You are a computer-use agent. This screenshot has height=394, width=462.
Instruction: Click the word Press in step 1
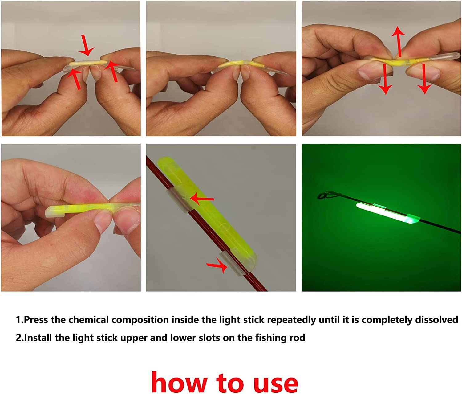(35, 320)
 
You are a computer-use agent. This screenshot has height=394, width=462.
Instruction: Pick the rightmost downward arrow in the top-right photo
(425, 79)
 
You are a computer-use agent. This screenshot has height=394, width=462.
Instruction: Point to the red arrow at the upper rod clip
(202, 199)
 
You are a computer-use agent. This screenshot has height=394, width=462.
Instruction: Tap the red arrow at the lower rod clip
(217, 265)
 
